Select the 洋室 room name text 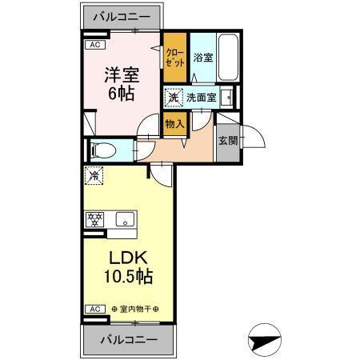point(121,76)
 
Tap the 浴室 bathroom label point(202,58)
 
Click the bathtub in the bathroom point(229,58)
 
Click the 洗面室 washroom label point(202,98)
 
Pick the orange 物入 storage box point(175,123)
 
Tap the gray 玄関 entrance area point(227,141)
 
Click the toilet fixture point(102,150)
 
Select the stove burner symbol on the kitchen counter point(95,219)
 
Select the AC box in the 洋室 point(94,45)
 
